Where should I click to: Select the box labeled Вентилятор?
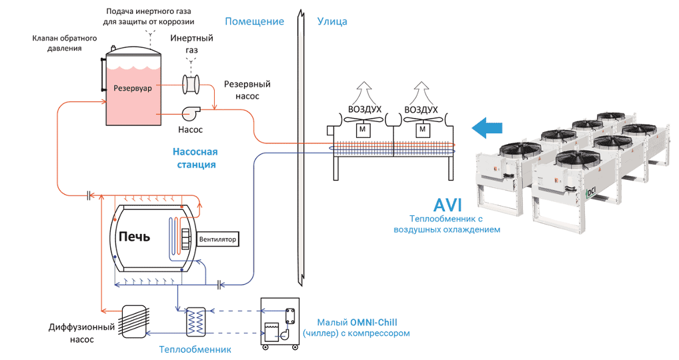coord(218,239)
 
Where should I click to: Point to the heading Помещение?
coord(254,21)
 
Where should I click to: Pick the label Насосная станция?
coord(195,158)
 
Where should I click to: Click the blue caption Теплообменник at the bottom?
coord(195,349)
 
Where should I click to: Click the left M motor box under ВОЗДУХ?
coord(365,129)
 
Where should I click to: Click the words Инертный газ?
coord(191,43)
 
